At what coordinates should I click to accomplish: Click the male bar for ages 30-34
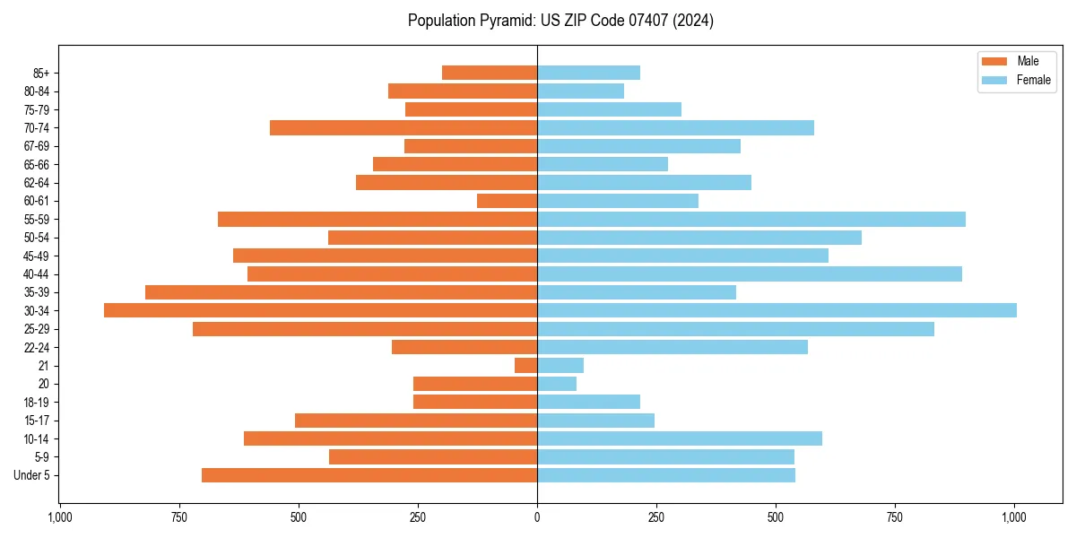pos(320,310)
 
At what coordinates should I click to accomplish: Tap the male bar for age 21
pos(525,365)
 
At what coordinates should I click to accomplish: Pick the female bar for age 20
pos(557,384)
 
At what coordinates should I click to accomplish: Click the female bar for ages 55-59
pos(751,219)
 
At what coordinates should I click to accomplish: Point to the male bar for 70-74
pos(403,127)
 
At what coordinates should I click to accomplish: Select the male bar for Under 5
pos(369,475)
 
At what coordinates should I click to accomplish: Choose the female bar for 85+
pos(588,73)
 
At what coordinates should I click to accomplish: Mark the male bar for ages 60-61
pos(507,201)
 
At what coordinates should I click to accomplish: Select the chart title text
pos(560,21)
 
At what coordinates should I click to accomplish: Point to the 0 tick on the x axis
pos(537,517)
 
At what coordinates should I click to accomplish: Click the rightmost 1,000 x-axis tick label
pos(1015,517)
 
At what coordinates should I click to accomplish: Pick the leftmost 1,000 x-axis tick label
pos(59,517)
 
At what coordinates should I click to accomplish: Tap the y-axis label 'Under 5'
pos(32,475)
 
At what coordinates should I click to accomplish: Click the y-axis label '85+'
pos(40,73)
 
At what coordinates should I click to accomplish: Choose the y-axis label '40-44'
pos(37,274)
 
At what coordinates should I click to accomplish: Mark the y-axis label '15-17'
pos(37,421)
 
